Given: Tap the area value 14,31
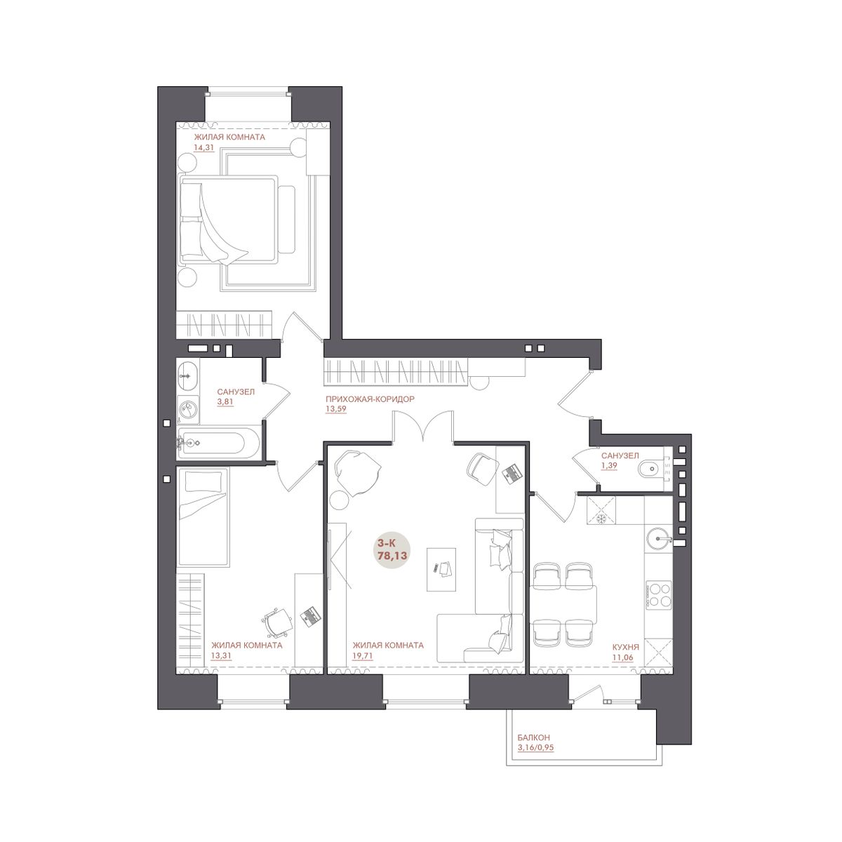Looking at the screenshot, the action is (203, 147).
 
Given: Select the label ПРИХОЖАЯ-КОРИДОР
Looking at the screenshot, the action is (370, 399).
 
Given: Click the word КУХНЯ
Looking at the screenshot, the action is (626, 647).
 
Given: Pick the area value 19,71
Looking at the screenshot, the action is (363, 656).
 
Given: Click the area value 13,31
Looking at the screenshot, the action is (221, 655).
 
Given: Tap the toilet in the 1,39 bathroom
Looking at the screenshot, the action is (650, 470).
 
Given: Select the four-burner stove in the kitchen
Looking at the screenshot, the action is (659, 594).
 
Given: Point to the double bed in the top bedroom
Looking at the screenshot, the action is (229, 219).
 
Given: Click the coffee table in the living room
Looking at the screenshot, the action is (441, 569).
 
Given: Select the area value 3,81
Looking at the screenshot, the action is (225, 402).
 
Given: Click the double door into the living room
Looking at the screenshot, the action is (423, 427).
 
